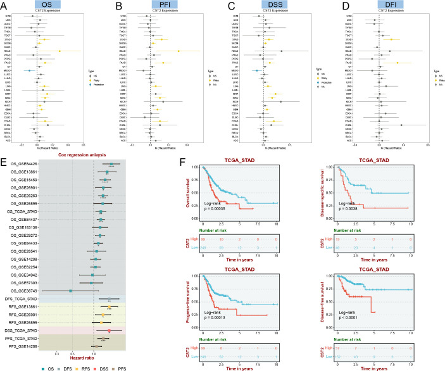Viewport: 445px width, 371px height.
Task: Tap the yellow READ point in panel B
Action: tap(179, 51)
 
